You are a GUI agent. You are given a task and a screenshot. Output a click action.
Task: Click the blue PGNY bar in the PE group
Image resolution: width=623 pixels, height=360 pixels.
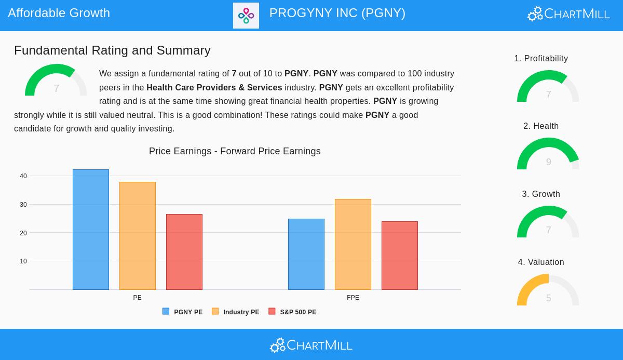coord(91,230)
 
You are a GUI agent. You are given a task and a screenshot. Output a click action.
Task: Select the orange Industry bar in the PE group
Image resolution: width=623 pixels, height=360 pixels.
coord(138,236)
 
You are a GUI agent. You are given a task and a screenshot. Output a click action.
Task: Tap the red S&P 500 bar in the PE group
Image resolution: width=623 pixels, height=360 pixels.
coord(184,252)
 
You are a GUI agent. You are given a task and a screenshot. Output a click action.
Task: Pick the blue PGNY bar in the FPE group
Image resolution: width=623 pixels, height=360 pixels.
coord(306,254)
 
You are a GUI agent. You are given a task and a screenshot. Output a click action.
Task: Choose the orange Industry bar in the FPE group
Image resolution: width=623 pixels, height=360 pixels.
coord(353,244)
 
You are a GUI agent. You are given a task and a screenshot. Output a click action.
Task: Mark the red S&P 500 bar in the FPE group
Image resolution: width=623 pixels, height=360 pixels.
coord(400,256)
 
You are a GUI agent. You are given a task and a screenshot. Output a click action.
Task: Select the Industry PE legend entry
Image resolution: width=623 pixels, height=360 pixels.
coord(236,312)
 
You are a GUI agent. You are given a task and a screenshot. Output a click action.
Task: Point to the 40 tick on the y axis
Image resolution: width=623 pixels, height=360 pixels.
coord(23,176)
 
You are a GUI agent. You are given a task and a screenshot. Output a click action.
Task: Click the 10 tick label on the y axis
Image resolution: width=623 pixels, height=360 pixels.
coord(23,261)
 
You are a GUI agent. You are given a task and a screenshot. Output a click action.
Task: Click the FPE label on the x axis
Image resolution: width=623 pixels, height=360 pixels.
coord(353,298)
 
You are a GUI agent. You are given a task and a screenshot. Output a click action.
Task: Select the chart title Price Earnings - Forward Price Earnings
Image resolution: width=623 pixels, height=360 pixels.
coord(235,151)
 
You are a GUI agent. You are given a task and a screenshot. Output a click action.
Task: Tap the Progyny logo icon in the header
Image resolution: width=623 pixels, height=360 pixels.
coord(246,16)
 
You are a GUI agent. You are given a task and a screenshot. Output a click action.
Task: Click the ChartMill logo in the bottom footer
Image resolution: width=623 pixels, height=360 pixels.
coord(311,345)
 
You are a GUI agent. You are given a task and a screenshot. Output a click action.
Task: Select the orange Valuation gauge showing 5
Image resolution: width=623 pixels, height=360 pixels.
coord(548,290)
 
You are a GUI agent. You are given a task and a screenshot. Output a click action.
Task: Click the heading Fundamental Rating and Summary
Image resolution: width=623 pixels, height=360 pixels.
coord(112,50)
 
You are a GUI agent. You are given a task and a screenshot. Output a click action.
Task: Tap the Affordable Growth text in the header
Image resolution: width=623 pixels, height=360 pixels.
coord(59,13)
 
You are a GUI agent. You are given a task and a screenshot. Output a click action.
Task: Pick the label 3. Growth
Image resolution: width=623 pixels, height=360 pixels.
coord(541,194)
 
